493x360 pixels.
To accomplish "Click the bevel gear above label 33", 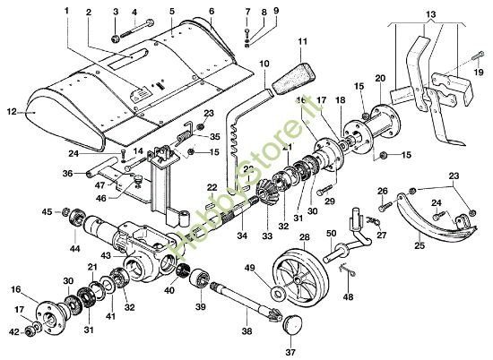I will coord(266,194).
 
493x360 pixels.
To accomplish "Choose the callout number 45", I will coord(47,212).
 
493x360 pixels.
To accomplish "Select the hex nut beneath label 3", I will coord(117,39).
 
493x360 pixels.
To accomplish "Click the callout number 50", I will coord(331,232).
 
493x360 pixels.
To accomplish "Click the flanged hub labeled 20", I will coord(387,121).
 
